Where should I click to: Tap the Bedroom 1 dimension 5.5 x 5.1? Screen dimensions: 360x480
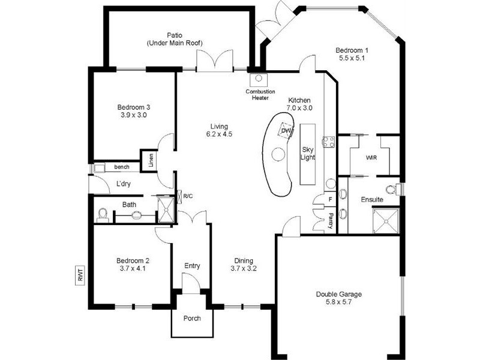point(352,59)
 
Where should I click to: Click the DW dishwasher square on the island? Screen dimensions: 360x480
point(286,131)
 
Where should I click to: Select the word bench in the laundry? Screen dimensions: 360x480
point(122,166)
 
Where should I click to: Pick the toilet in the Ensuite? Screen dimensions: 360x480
point(391,190)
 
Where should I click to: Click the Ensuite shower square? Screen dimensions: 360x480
point(386,219)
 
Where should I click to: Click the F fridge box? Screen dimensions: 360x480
point(330,200)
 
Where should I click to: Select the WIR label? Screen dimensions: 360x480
point(372,158)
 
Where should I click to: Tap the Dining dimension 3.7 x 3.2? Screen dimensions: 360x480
point(243,269)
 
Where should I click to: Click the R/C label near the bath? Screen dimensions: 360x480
point(188,196)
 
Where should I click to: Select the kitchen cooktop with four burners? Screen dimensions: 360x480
point(329,142)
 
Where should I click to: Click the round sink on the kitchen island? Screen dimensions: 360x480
point(277,154)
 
